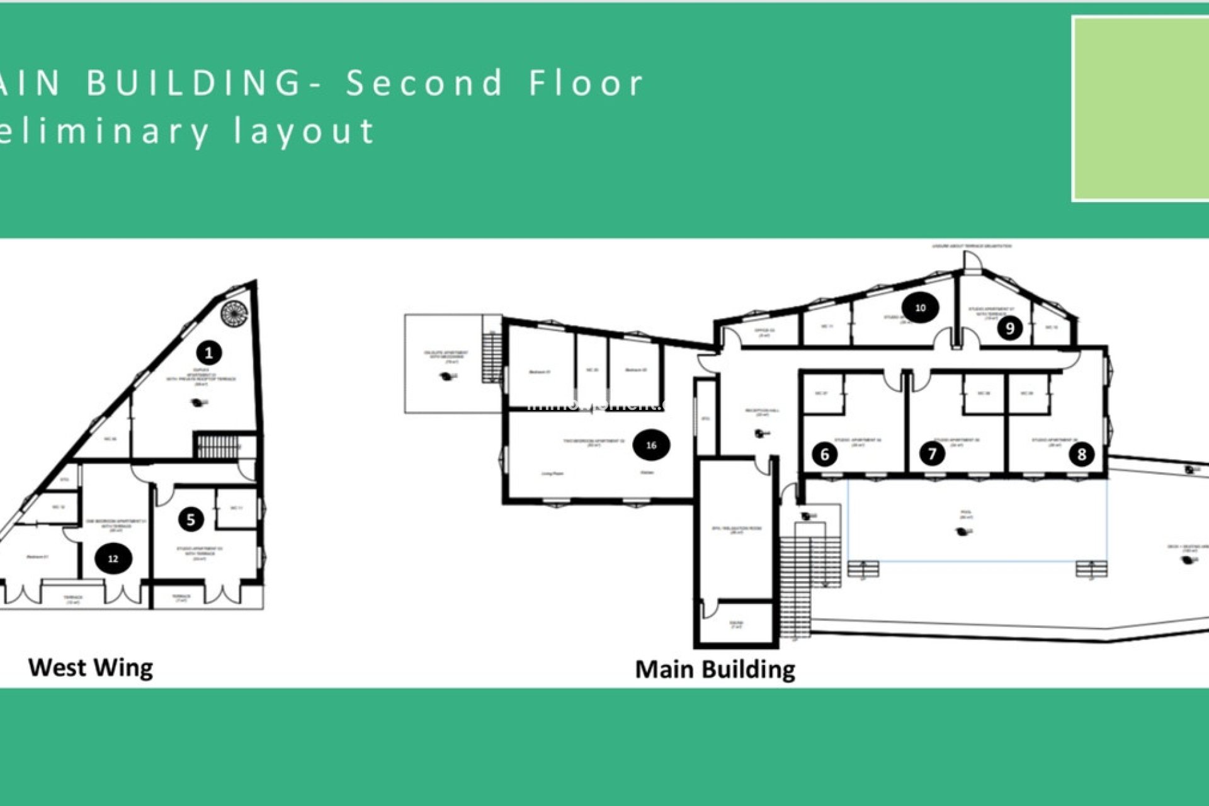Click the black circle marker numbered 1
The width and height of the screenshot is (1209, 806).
209,353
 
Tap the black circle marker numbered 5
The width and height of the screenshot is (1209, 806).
191,519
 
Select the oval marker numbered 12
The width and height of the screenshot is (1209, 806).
113,559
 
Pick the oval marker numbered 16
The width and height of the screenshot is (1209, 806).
651,445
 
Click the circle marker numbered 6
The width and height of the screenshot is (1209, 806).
825,454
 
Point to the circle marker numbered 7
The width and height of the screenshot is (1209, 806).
932,453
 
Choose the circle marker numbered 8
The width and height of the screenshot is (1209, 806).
1081,454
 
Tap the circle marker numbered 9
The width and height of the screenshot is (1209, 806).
1010,327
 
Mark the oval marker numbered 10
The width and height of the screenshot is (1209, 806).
920,308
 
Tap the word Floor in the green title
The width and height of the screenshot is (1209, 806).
586,83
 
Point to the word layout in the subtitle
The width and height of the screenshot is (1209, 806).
305,131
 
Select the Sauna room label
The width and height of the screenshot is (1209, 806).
736,625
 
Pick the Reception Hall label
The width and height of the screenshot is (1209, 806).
762,412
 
